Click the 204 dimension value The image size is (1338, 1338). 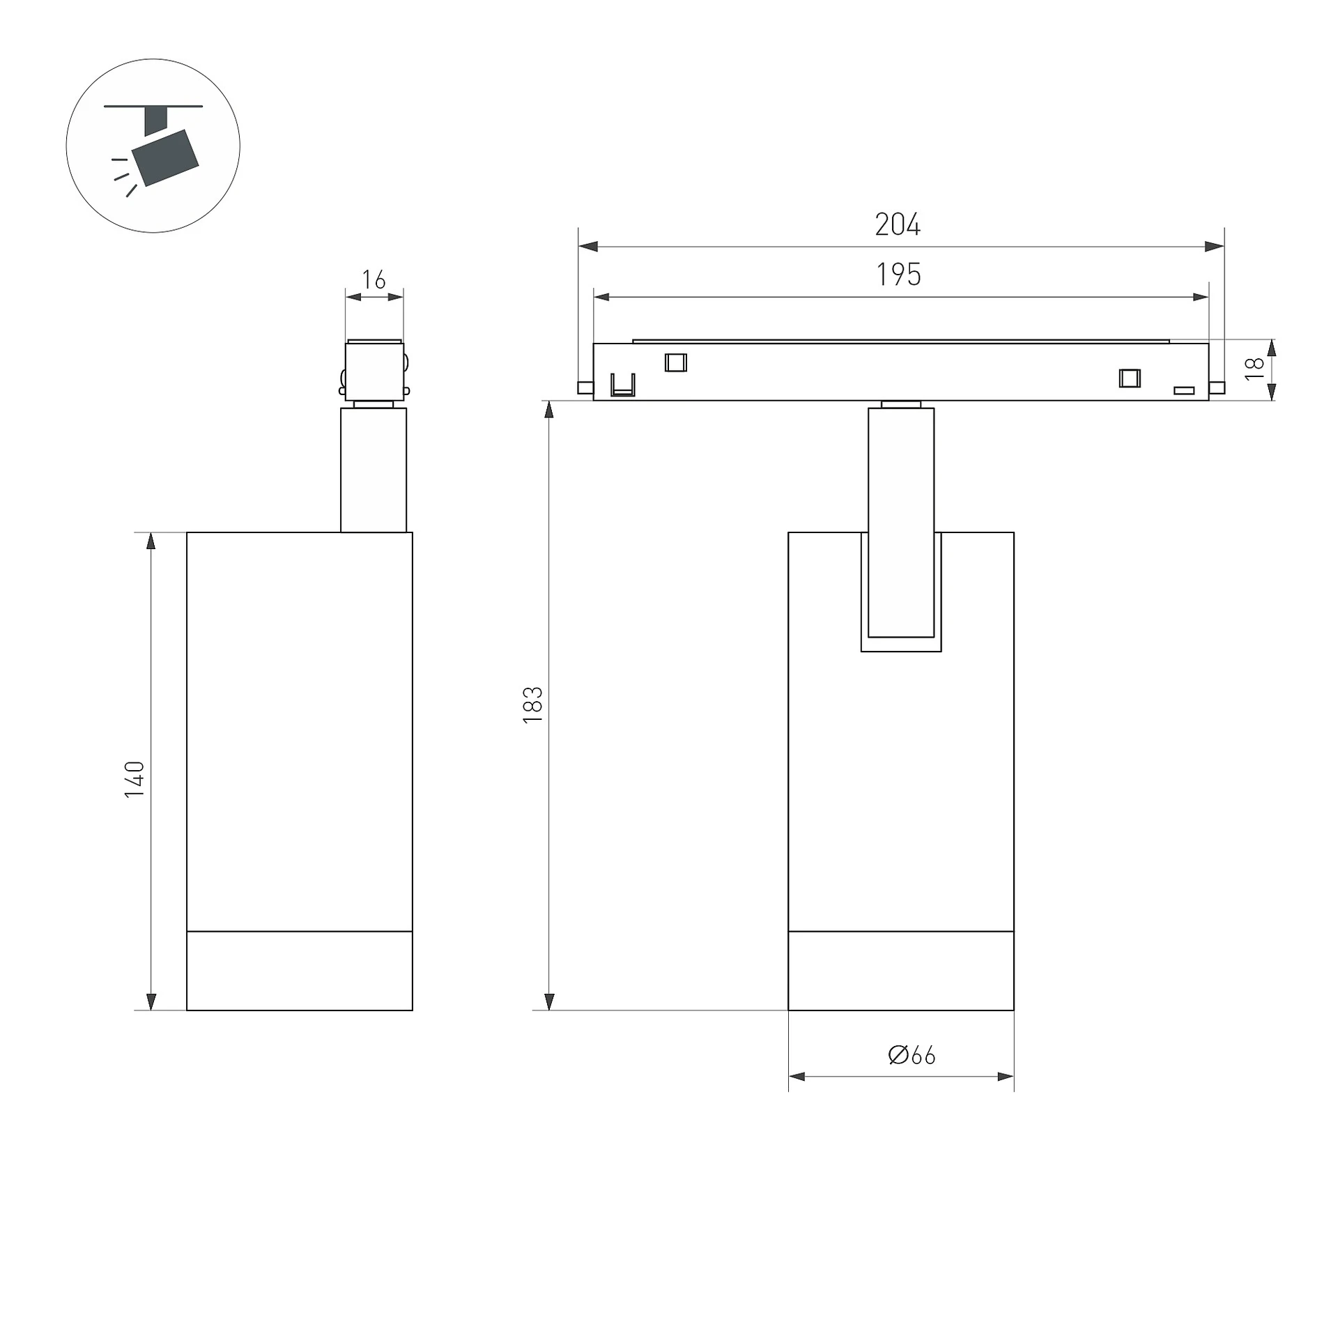coord(898,224)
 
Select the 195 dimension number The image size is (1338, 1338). coord(898,275)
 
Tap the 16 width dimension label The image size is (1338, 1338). coord(374,279)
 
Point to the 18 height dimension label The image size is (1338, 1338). coord(1254,368)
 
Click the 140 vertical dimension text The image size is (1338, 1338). coord(134,779)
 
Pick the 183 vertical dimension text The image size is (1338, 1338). coord(532,705)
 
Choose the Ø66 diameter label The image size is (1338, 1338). coord(912,1055)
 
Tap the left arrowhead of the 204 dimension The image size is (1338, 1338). coord(588,247)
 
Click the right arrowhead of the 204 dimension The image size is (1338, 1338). coord(1215,247)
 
